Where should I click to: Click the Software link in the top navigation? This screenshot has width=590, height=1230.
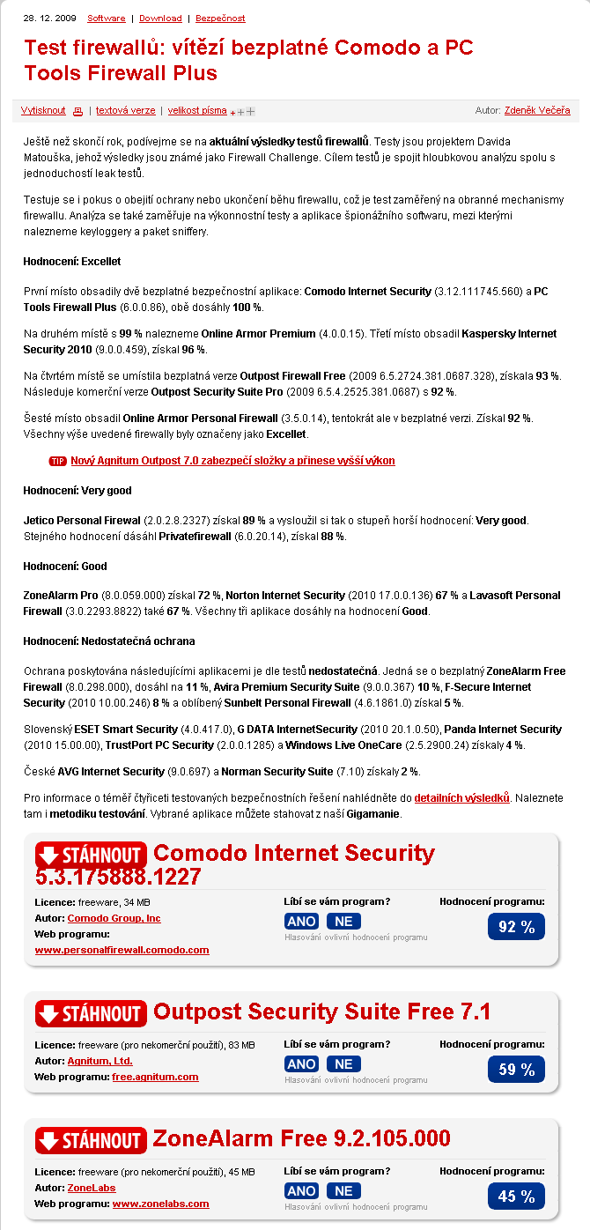click(x=107, y=18)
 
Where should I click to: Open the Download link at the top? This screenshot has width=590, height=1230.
click(x=160, y=18)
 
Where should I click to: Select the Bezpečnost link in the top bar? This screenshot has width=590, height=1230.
click(x=220, y=18)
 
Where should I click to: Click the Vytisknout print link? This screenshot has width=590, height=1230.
click(x=43, y=111)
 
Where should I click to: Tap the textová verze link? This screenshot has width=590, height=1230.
click(x=126, y=111)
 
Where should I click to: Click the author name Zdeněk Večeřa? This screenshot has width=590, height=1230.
click(x=537, y=110)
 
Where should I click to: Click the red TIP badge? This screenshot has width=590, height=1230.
click(x=58, y=461)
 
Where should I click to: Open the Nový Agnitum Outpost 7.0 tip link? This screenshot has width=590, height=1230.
click(x=232, y=461)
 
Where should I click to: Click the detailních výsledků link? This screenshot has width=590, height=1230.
click(x=462, y=797)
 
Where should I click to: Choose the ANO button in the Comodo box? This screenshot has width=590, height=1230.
click(x=302, y=921)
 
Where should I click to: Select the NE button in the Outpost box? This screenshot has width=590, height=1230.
click(x=343, y=1064)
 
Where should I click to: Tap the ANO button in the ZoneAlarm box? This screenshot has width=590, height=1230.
click(x=302, y=1191)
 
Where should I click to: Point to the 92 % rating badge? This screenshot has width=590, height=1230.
click(x=516, y=927)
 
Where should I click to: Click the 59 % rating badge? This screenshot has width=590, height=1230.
click(x=516, y=1070)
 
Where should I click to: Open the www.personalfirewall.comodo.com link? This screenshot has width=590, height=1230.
click(x=122, y=950)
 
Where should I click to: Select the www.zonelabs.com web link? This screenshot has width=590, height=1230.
click(x=160, y=1204)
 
